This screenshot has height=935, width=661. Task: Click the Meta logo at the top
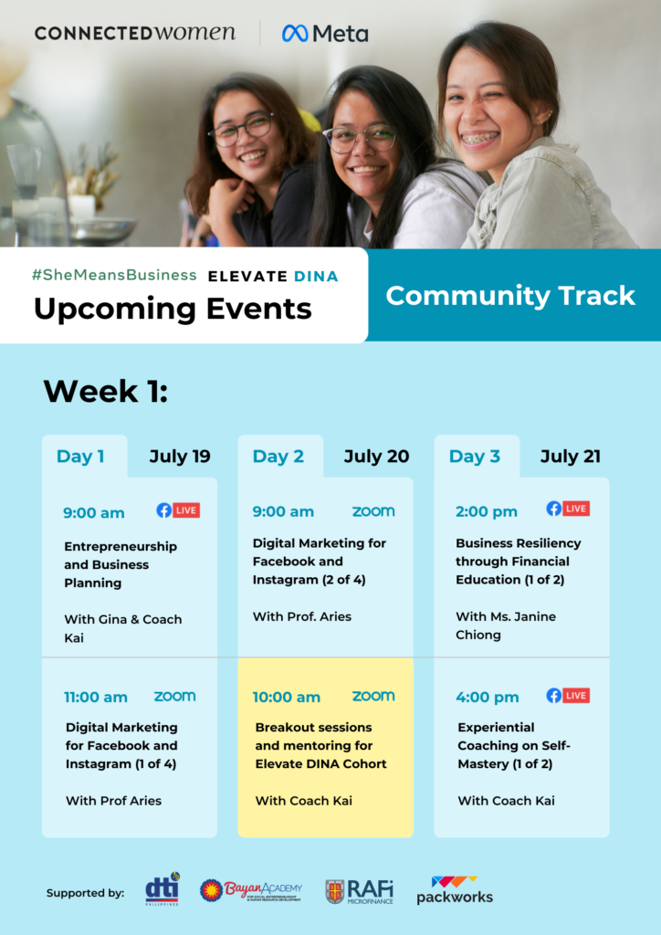[x=325, y=34]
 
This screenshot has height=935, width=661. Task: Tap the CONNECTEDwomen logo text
[x=135, y=33]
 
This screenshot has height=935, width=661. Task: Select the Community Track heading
[x=510, y=296]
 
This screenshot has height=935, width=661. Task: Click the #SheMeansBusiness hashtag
[x=114, y=275]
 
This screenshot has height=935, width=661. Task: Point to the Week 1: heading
[x=106, y=391]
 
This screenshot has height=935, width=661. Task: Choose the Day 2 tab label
[x=278, y=457]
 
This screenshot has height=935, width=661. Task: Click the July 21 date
[x=571, y=457]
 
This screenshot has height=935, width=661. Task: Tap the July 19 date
[x=180, y=457]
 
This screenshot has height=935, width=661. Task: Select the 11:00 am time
[x=95, y=697]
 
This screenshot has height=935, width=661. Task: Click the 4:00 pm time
[x=487, y=697]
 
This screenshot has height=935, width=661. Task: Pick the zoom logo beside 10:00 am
[x=373, y=696]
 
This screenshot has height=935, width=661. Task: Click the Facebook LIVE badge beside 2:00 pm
[x=568, y=509]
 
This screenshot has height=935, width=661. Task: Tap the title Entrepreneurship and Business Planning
[x=121, y=564]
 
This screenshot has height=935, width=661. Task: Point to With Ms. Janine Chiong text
[x=506, y=625]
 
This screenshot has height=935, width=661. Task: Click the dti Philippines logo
[x=163, y=889]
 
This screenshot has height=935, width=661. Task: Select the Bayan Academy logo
[x=251, y=891]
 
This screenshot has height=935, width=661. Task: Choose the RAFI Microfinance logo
[x=360, y=891]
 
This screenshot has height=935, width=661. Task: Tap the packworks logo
[x=455, y=890]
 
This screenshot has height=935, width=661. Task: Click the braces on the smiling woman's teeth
[x=480, y=139]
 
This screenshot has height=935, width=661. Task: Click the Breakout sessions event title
[x=320, y=745]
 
